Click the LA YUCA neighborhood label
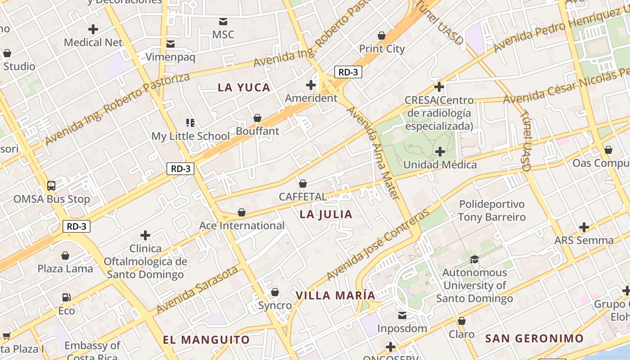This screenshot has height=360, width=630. pos(244,88)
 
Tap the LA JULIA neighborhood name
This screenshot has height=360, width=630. pos(326,215)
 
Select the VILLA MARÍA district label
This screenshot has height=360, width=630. pos(335,296)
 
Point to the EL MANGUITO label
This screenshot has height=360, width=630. pos(206,340)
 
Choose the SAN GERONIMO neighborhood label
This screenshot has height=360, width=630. pos(534,338)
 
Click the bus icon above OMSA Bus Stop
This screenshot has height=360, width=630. pos(51,185)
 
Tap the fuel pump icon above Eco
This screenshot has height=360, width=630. pos(66,297)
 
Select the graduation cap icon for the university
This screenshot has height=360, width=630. pos(474,259)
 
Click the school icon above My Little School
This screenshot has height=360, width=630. pos(190,122)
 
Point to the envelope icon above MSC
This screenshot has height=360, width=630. pos(223,21)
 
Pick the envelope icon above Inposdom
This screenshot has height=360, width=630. pos(402,315)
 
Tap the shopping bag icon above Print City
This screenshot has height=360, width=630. pos(382,35)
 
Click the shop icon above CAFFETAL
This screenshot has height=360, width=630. pos(303,184)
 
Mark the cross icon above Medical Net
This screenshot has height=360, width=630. pos(93,29)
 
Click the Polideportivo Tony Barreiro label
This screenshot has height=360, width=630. pos(491,211)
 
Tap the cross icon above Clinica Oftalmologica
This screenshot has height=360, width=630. pos(145,235)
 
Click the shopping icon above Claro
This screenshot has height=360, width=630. pos(461,321)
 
